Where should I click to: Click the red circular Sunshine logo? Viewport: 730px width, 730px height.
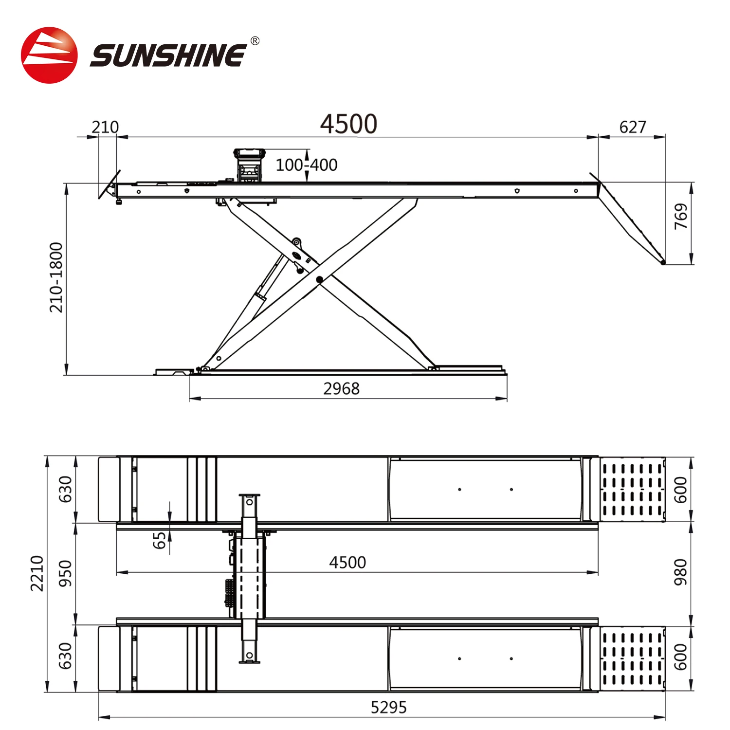point(49,55)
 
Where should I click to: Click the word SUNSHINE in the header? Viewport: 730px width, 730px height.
point(168,55)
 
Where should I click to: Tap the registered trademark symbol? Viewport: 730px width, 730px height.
point(255,41)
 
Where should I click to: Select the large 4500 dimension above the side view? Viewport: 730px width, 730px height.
point(348,124)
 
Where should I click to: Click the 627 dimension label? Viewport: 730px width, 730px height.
point(632,128)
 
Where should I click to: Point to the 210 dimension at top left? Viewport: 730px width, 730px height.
point(105,128)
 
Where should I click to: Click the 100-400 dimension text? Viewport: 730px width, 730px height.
point(306,165)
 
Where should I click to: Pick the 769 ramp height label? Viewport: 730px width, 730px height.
point(681,216)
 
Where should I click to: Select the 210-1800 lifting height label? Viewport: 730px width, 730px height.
point(56,277)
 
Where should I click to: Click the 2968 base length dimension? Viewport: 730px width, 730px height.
point(341,389)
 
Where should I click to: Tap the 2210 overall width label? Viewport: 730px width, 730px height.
point(37,573)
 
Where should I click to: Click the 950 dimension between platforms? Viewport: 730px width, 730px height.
point(65,573)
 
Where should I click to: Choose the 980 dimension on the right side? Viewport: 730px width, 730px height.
point(680,572)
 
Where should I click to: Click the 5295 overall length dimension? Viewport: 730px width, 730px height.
point(388,707)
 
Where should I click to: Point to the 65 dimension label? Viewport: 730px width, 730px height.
point(159,540)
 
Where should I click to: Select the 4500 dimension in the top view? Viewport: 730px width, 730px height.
point(347,563)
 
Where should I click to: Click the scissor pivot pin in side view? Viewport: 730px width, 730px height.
point(319,279)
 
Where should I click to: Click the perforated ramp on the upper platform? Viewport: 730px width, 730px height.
point(632,489)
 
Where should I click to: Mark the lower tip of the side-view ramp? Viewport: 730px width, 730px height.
point(663,263)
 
